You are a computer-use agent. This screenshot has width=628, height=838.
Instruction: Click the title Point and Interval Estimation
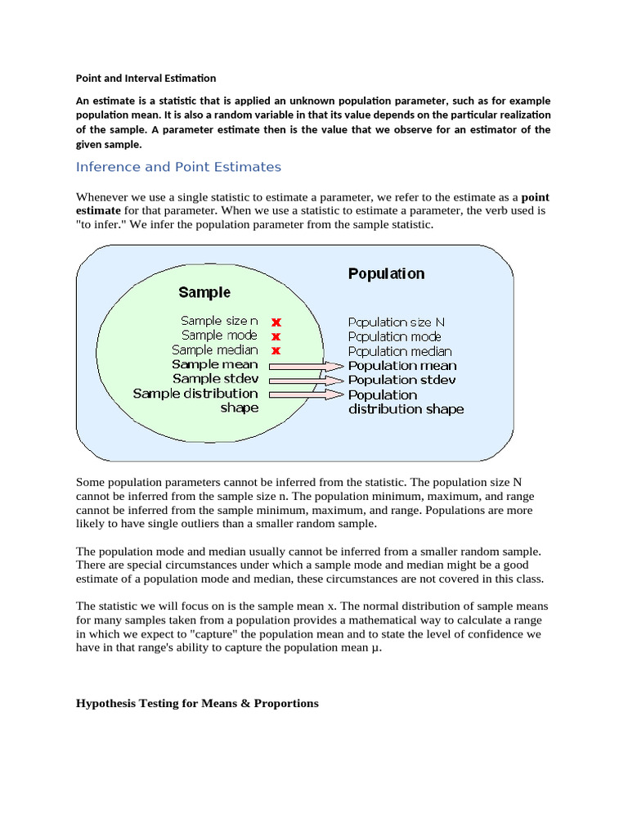point(146,79)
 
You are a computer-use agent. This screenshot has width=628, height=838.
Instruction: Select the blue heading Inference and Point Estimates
point(178,167)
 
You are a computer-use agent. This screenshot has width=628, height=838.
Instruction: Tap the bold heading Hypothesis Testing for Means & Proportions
point(197,703)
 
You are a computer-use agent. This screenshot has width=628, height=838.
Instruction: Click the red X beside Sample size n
point(276,322)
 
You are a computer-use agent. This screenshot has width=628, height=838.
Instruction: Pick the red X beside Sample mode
point(276,336)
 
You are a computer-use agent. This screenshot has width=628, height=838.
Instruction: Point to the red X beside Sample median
point(276,350)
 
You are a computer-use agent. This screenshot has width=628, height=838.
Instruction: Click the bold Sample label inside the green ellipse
point(204,292)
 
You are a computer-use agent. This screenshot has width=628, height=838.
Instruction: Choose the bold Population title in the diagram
point(386,273)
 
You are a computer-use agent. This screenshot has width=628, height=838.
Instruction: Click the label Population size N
point(397,322)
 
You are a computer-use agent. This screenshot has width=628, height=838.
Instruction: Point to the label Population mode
point(394,336)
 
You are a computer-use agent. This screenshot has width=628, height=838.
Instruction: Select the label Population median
point(400,351)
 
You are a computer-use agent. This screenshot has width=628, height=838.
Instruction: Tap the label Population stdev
point(401,380)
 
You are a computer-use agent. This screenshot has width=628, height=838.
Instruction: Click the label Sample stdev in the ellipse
point(215,379)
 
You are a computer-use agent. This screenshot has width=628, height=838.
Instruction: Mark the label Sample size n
point(219,322)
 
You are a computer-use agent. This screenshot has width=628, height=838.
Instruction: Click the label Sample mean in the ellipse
point(215,364)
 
